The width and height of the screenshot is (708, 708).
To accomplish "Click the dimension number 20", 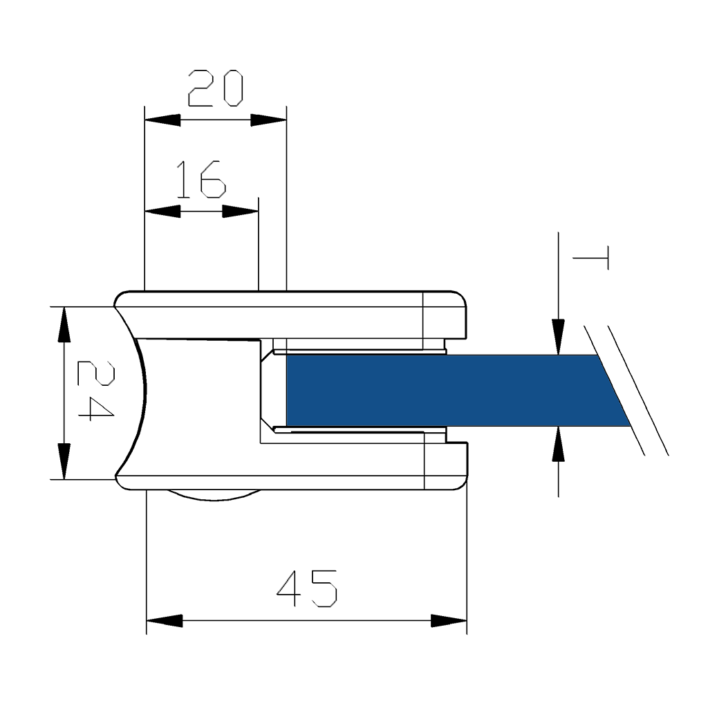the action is click(216, 88).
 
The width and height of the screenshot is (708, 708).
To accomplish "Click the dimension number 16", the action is click(201, 180).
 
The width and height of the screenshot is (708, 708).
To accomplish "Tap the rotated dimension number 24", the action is click(95, 391).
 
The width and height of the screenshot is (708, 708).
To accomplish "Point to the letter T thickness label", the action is click(590, 258).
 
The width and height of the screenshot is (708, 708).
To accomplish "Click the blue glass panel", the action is click(456, 391).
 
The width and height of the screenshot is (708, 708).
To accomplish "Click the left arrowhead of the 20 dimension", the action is click(162, 120).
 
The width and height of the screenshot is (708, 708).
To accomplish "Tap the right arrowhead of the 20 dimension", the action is click(269, 120).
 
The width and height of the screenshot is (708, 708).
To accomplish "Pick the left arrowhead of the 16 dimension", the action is click(162, 212).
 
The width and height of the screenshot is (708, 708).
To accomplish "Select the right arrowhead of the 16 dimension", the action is click(241, 212).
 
